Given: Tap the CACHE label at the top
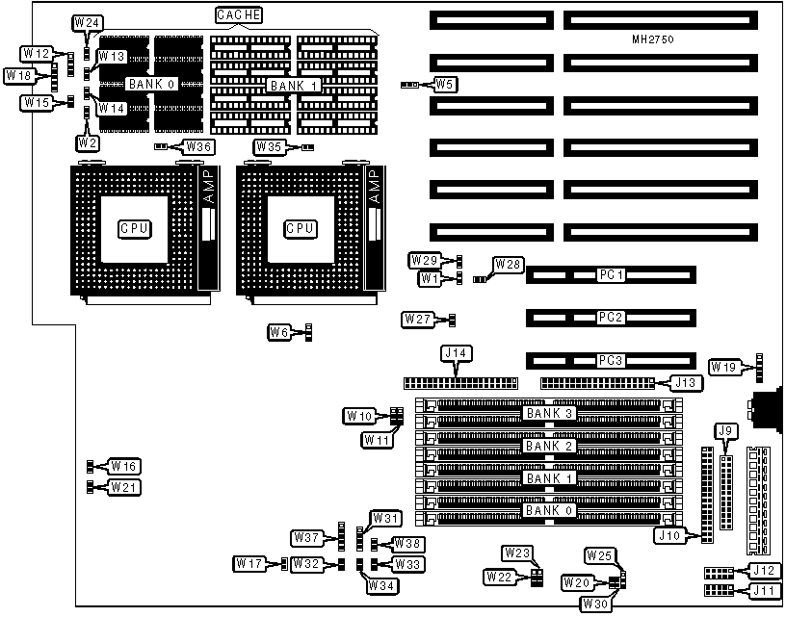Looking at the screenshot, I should [x=238, y=15].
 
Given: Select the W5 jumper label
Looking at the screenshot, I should [x=445, y=84].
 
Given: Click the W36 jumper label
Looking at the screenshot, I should [x=199, y=146].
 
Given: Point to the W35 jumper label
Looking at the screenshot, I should [x=269, y=146].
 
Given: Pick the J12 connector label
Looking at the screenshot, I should [x=763, y=572].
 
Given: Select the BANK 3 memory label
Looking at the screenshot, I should [x=550, y=414].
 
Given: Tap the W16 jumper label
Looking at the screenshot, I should [x=124, y=467].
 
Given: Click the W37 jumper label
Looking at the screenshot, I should [x=307, y=536].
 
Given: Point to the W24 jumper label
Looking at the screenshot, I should [x=87, y=21].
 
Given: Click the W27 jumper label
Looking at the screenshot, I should [x=418, y=319].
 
